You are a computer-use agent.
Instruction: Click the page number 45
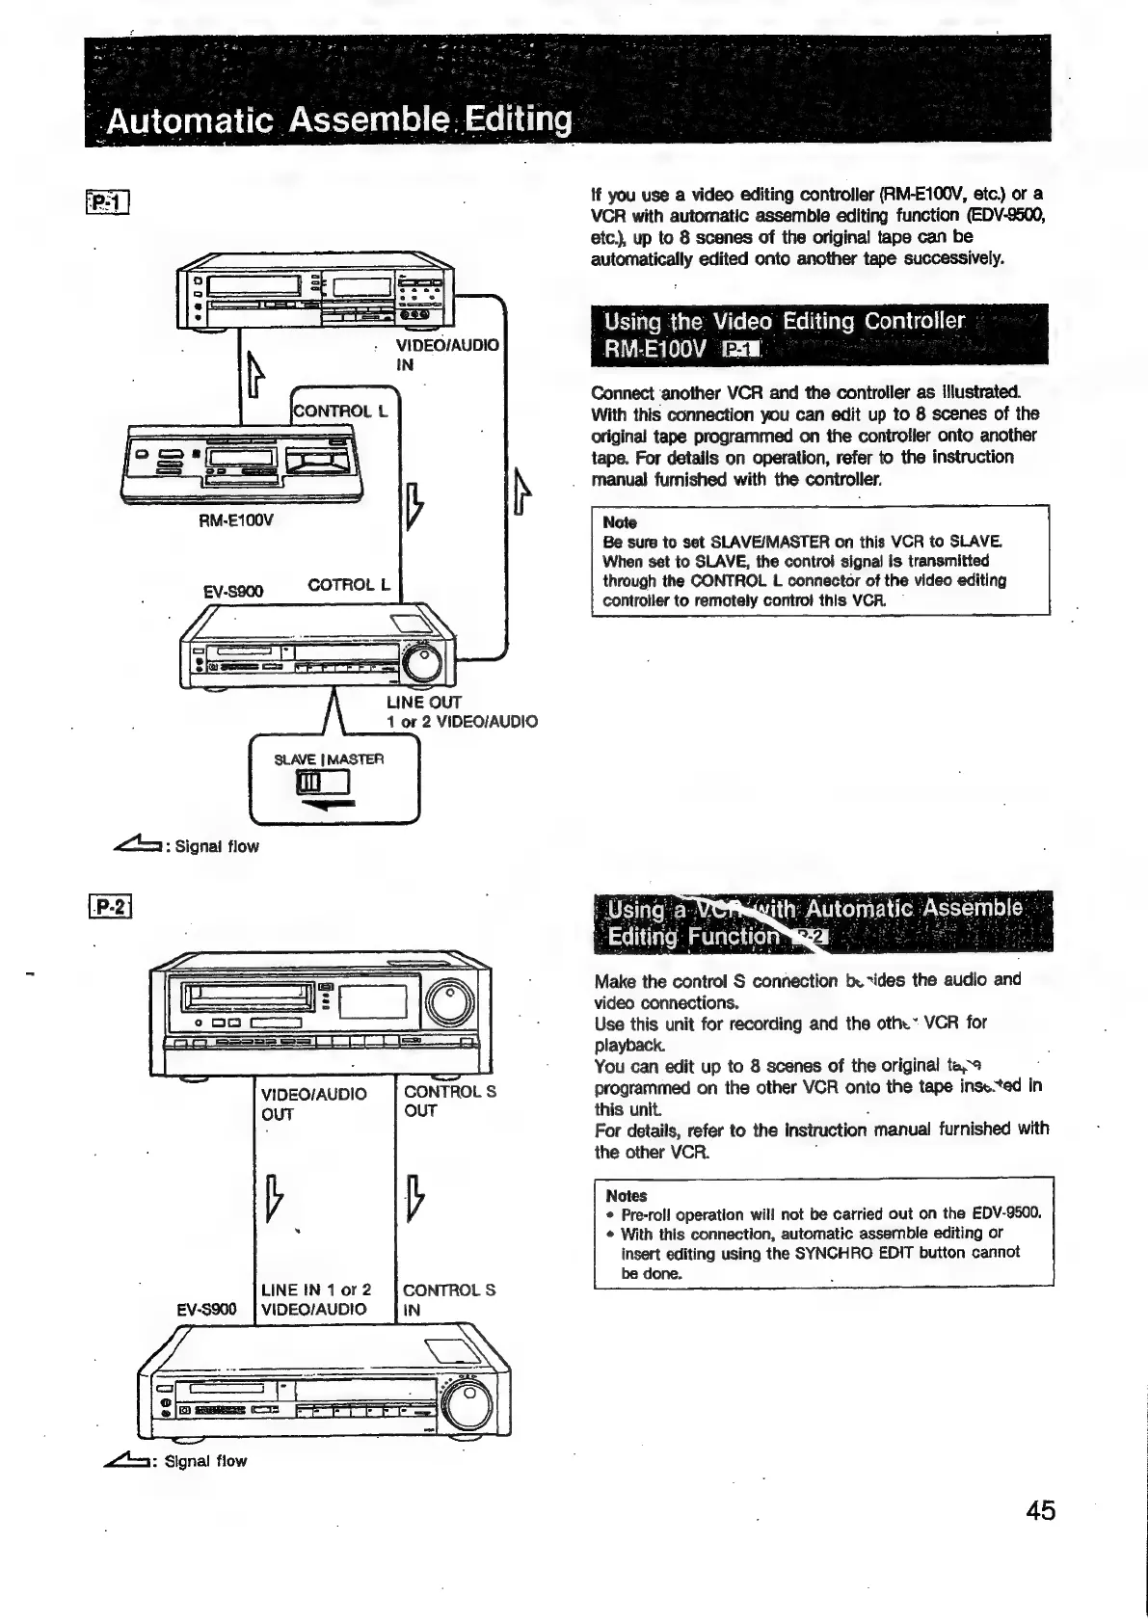(x=1041, y=1509)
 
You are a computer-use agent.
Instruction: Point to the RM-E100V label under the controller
(x=236, y=520)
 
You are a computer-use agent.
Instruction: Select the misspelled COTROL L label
(x=348, y=585)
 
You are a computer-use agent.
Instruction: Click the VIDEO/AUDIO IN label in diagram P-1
(x=447, y=355)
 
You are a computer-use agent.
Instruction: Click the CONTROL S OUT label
(x=449, y=1101)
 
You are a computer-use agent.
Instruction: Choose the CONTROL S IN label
(x=448, y=1299)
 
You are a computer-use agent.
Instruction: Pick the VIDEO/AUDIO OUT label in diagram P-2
(x=313, y=1103)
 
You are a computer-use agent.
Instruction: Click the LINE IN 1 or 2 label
(x=315, y=1290)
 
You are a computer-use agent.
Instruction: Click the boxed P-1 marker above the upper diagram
(x=107, y=201)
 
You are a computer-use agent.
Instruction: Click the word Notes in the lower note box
(x=627, y=1196)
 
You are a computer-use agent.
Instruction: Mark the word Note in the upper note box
(x=620, y=522)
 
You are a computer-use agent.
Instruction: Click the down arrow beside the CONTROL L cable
(x=413, y=503)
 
